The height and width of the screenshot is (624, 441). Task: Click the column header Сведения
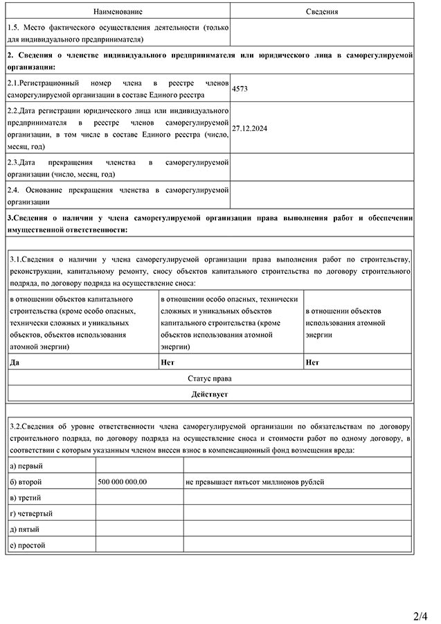point(322,12)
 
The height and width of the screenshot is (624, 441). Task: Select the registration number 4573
point(240,89)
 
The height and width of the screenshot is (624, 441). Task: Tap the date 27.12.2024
point(250,128)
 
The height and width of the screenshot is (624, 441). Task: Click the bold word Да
point(15,362)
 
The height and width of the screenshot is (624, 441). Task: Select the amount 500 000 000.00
point(123,482)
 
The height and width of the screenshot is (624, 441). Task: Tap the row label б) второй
point(26,482)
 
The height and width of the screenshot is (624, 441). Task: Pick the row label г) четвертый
point(32,514)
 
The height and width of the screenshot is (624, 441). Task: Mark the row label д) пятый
point(25,530)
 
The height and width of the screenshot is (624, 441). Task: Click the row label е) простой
point(28,546)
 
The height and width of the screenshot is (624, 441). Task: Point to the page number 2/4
point(420,616)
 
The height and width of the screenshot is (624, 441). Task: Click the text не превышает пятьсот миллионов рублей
point(255,482)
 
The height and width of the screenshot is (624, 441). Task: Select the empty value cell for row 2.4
point(322,196)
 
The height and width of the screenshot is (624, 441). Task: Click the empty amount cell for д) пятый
point(138,530)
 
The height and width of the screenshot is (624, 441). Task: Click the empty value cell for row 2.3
point(322,168)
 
